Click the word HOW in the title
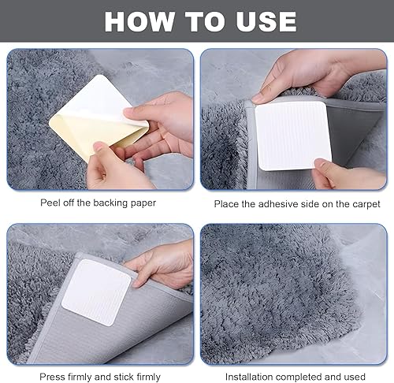[x=139, y=21]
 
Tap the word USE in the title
[x=266, y=21]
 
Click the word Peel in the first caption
[x=50, y=203]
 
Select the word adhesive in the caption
[x=277, y=204]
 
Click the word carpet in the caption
[x=366, y=204]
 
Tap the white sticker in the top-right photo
[x=293, y=136]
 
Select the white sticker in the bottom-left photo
[x=96, y=292]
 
